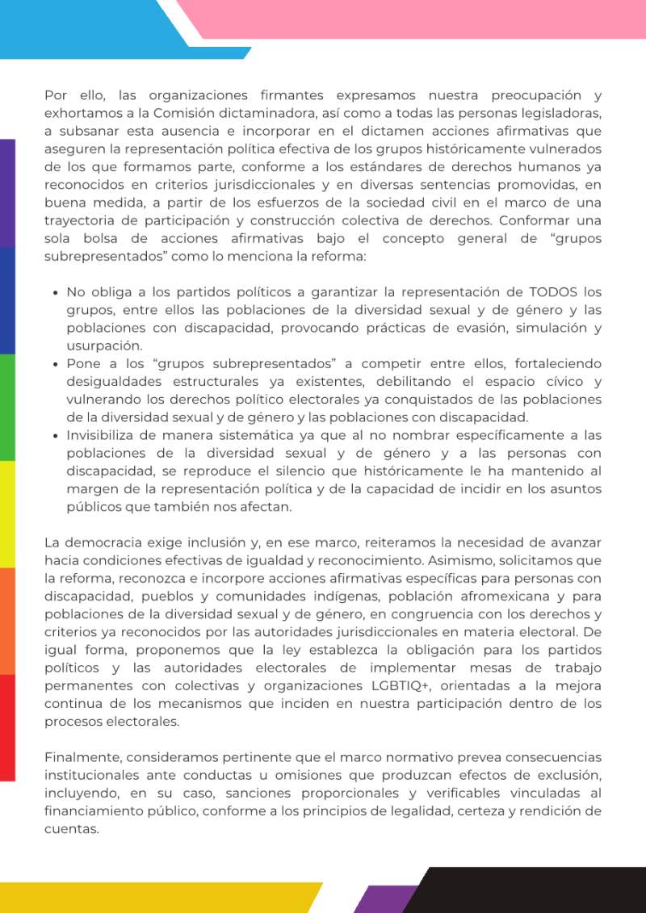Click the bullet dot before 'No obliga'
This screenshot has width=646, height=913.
[x=54, y=293]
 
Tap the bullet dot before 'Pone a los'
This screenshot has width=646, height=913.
[x=54, y=364]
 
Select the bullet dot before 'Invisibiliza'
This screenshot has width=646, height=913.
[x=54, y=436]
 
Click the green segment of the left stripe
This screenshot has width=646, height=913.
[x=7, y=407]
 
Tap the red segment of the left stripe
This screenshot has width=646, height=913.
[x=7, y=727]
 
